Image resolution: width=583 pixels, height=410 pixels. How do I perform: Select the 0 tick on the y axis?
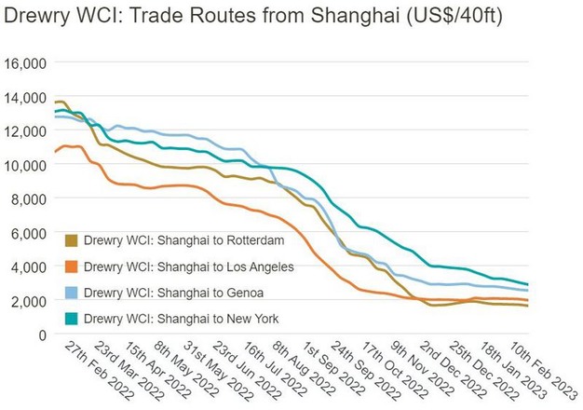pos(41,335)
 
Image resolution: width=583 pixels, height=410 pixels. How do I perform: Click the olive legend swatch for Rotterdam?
pos(72,240)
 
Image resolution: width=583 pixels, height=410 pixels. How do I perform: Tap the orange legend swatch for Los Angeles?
pos(72,267)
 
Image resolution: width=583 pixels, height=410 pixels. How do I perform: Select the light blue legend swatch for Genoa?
pos(72,294)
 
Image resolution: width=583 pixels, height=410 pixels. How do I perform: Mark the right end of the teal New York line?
pos(556,284)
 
